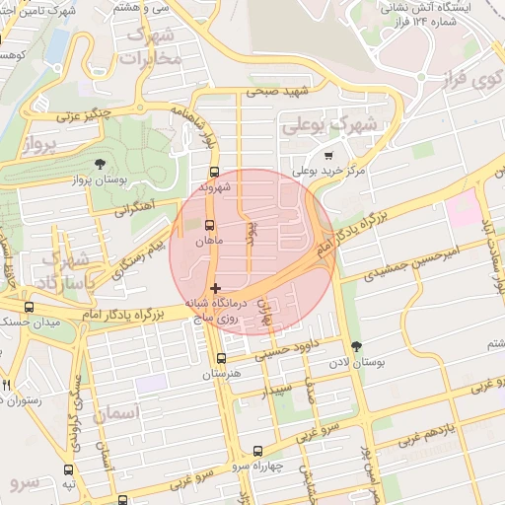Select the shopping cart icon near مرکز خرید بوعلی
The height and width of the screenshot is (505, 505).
[328, 155]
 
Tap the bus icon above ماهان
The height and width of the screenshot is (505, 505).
[208, 224]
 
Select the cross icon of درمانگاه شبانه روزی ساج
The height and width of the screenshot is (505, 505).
[216, 288]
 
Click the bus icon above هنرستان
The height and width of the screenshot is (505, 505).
[220, 358]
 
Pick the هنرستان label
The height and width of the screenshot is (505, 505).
[222, 375]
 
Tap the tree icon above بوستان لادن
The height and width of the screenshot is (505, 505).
[356, 346]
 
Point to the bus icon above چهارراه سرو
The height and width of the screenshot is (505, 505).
[258, 450]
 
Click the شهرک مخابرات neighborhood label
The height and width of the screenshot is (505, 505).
[152, 46]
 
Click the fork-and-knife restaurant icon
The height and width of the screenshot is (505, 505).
[6, 384]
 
